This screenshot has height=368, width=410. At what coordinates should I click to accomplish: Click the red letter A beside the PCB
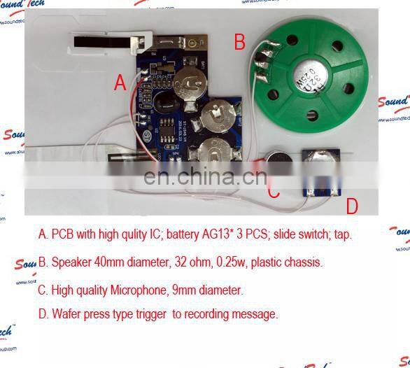coord(120,83)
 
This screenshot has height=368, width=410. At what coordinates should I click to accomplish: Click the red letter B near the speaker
coord(240,42)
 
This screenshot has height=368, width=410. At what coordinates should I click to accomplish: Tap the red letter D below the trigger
coord(353,206)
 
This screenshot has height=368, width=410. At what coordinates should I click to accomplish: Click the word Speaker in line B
coord(71,263)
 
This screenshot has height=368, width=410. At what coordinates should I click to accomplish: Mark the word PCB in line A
coord(62,234)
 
